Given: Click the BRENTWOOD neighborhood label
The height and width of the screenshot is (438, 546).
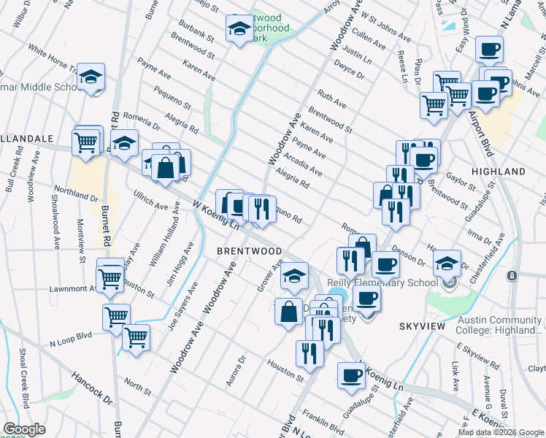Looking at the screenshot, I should [x=250, y=251].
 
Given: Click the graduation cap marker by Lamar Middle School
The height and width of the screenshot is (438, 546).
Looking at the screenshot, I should [x=91, y=77].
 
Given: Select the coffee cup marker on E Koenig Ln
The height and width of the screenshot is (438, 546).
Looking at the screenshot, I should [x=352, y=375].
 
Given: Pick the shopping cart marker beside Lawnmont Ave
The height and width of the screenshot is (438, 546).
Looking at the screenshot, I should [x=110, y=277].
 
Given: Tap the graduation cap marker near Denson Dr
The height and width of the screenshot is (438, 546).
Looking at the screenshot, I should [x=447, y=264].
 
